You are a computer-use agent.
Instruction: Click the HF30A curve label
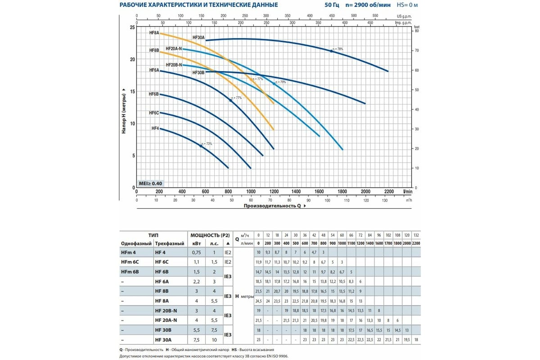198,38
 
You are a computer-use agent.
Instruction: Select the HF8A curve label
154,33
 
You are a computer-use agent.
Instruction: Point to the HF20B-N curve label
174,65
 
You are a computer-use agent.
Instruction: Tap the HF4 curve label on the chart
155,128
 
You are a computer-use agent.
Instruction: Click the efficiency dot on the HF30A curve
331,51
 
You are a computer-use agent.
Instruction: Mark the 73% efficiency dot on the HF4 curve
201,146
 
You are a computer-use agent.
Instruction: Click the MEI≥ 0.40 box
151,183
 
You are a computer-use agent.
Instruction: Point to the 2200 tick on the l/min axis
389,191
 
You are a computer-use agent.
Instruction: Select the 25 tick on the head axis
132,27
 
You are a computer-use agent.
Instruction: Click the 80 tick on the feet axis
416,31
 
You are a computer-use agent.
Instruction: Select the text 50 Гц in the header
333,5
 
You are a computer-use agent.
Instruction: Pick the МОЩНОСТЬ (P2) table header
211,235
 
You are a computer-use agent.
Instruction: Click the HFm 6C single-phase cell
130,261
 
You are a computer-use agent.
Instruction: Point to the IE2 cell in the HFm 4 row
228,253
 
